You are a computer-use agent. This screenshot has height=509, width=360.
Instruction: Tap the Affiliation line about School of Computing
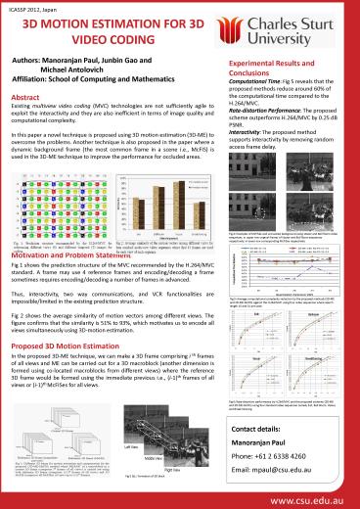click(x=102, y=80)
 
